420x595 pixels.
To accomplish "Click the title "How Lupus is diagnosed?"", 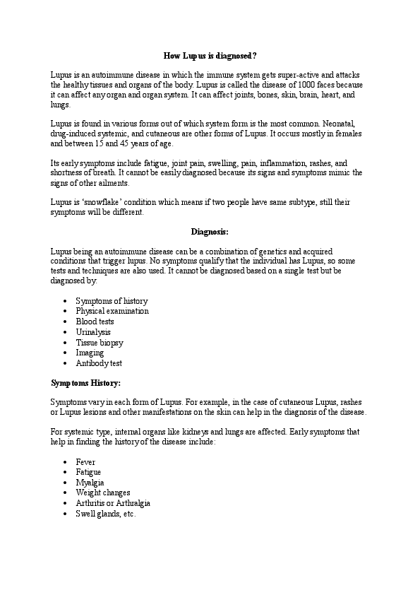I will (210, 54).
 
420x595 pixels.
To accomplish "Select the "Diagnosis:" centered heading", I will (210, 231).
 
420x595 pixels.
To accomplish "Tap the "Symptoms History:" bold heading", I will (86, 383).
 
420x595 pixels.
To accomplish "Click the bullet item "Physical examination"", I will (112, 311).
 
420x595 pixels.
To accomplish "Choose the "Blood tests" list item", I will (95, 322).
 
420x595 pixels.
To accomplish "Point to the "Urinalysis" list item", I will (93, 332).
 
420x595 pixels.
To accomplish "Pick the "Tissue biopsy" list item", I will (100, 343).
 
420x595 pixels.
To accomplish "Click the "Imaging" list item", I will (90, 353).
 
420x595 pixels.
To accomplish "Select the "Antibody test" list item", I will (99, 363).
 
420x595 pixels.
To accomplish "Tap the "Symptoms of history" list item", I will (112, 301).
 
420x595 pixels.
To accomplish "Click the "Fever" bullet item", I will (85, 462).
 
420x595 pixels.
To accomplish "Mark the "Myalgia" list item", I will (90, 483).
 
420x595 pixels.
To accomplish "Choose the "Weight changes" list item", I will (103, 493).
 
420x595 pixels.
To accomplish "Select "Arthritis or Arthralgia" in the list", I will (113, 503).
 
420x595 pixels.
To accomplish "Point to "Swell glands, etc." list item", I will (106, 514).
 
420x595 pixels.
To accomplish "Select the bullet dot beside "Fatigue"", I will (65, 473).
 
